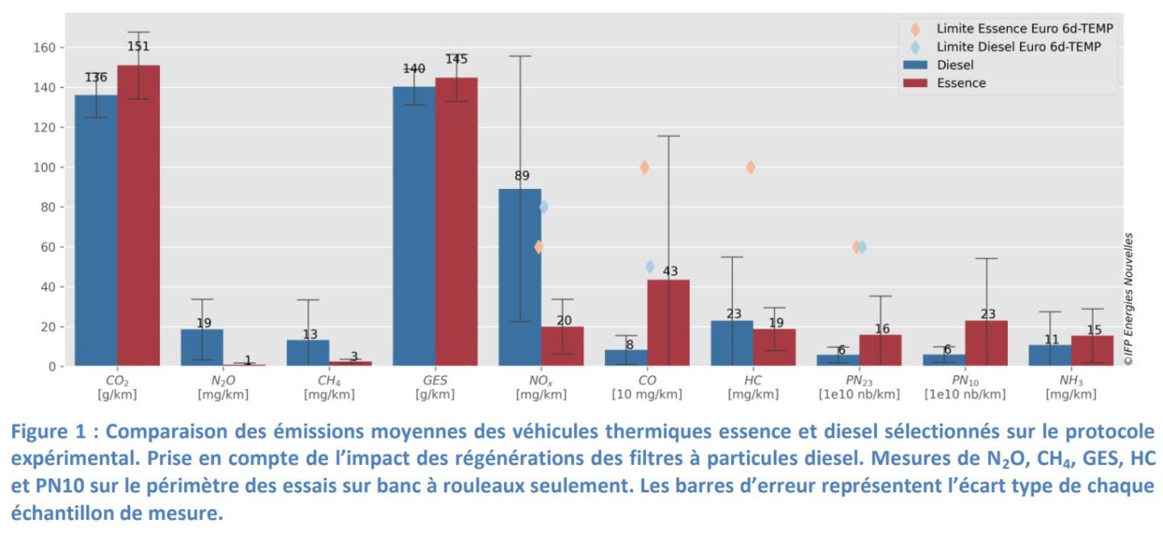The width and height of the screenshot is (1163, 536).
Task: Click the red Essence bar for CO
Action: click(668, 324)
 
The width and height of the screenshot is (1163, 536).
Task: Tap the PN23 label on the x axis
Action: click(858, 379)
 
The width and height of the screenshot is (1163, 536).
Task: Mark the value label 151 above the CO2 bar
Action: click(138, 46)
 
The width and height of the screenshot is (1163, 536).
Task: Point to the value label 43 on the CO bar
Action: click(670, 272)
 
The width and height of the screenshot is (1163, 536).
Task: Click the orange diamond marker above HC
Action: click(750, 167)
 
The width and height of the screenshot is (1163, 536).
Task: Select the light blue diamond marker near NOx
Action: click(544, 207)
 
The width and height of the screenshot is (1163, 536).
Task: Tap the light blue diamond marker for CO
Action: click(650, 267)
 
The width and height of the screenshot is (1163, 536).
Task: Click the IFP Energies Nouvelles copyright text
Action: click(1128, 300)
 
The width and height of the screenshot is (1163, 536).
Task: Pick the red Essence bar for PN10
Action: click(987, 344)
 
